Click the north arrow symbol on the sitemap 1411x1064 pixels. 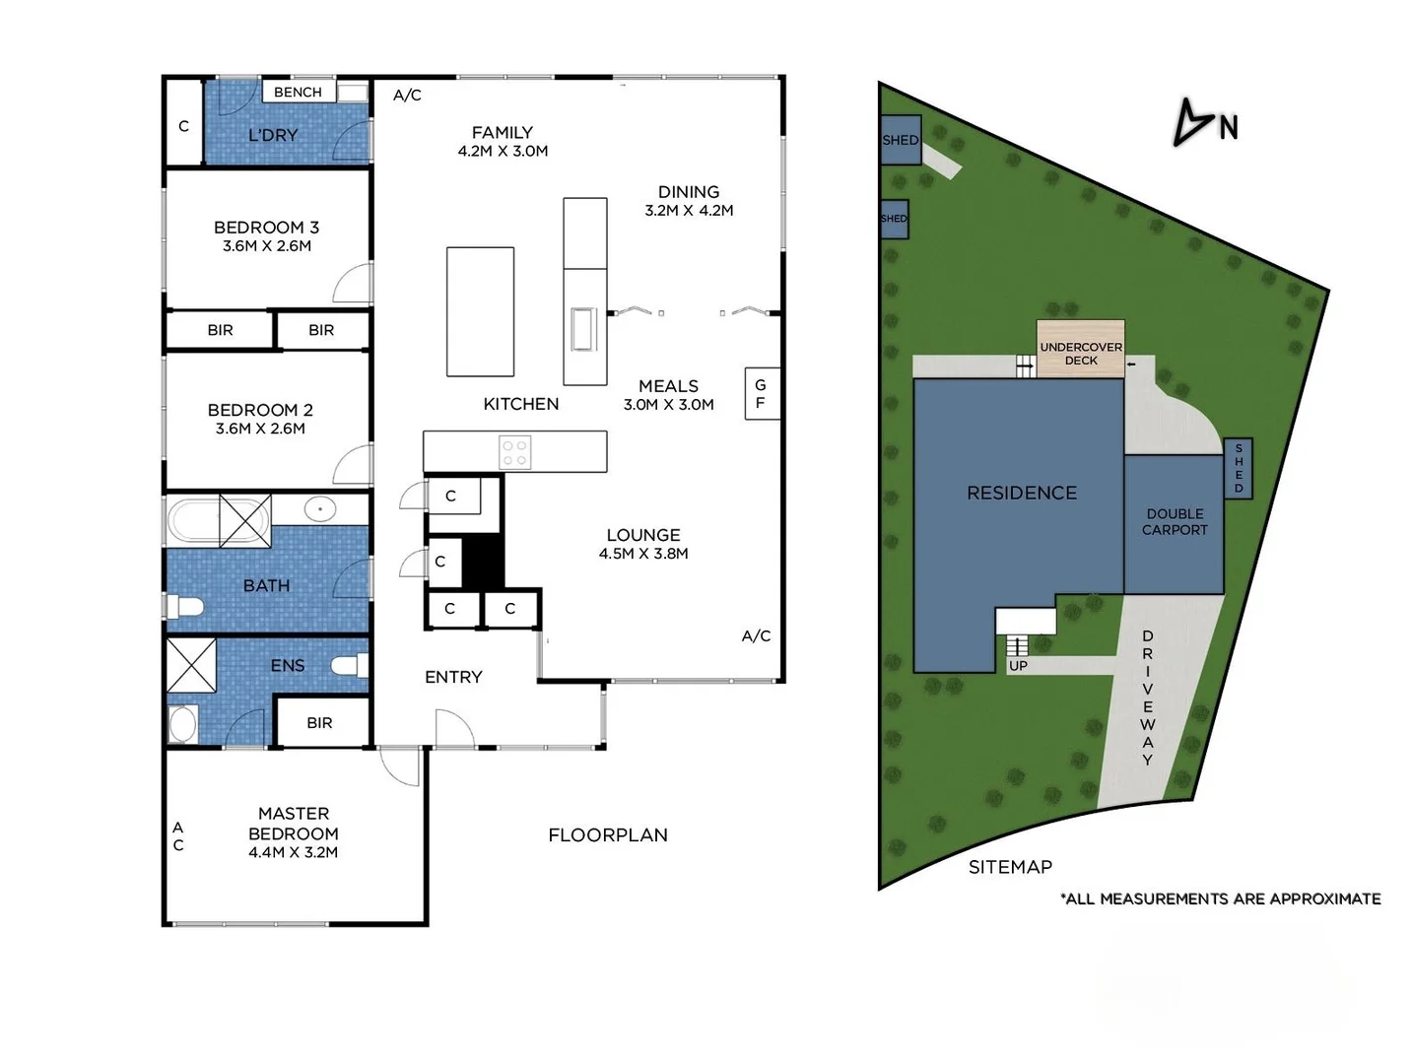coord(1193,123)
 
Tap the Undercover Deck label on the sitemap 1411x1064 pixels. coord(1081,354)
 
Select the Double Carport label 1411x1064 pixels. coord(1175,521)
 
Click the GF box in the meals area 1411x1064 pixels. coord(762,393)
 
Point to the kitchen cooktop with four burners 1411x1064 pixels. coord(515,452)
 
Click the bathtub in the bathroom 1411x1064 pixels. coord(194,519)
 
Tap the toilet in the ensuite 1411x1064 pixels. coord(347,666)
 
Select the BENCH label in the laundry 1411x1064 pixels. coord(298,92)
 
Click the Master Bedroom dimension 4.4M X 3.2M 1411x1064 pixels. coord(293,852)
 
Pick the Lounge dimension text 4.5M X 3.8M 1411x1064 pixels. coord(643,554)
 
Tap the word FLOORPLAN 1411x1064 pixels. coord(608,835)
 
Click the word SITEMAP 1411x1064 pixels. coord(1010,867)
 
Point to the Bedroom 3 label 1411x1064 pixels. coord(266,228)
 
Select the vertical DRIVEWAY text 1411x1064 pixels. coord(1147,698)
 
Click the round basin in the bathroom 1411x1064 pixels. coord(320,509)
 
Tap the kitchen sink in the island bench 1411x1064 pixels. coord(583,329)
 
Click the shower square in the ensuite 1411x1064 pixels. coord(191,665)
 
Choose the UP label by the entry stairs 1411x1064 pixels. coord(1018,666)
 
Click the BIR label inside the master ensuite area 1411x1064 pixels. coord(319,723)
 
